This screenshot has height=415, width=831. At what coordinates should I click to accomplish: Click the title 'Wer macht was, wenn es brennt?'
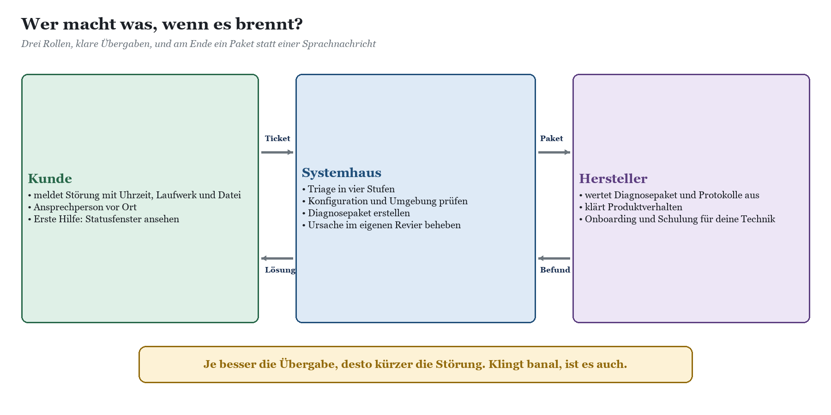[162, 24]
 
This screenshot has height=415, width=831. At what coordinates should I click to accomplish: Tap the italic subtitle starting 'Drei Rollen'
[199, 44]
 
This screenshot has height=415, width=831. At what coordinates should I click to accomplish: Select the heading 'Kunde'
[50, 178]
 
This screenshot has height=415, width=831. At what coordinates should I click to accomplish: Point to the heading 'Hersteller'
[613, 178]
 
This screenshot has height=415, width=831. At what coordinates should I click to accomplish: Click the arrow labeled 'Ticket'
[277, 152]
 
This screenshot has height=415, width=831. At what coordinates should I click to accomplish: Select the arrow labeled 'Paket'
[554, 152]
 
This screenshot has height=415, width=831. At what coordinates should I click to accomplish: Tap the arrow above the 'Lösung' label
[277, 258]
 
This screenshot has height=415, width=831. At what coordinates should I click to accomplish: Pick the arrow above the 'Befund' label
[554, 258]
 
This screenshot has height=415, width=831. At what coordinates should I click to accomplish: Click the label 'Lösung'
[280, 270]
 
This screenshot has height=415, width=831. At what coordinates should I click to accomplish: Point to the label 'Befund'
[555, 270]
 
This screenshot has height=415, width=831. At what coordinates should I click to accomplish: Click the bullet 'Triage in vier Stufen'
[348, 189]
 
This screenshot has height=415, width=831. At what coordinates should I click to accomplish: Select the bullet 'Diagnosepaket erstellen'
[356, 213]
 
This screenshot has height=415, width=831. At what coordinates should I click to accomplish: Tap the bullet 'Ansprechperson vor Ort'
[82, 207]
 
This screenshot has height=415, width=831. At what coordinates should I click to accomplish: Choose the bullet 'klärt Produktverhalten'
[631, 207]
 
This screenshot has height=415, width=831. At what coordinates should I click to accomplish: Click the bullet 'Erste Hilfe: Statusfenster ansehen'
[103, 219]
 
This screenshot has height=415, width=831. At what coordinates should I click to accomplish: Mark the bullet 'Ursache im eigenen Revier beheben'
[381, 225]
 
